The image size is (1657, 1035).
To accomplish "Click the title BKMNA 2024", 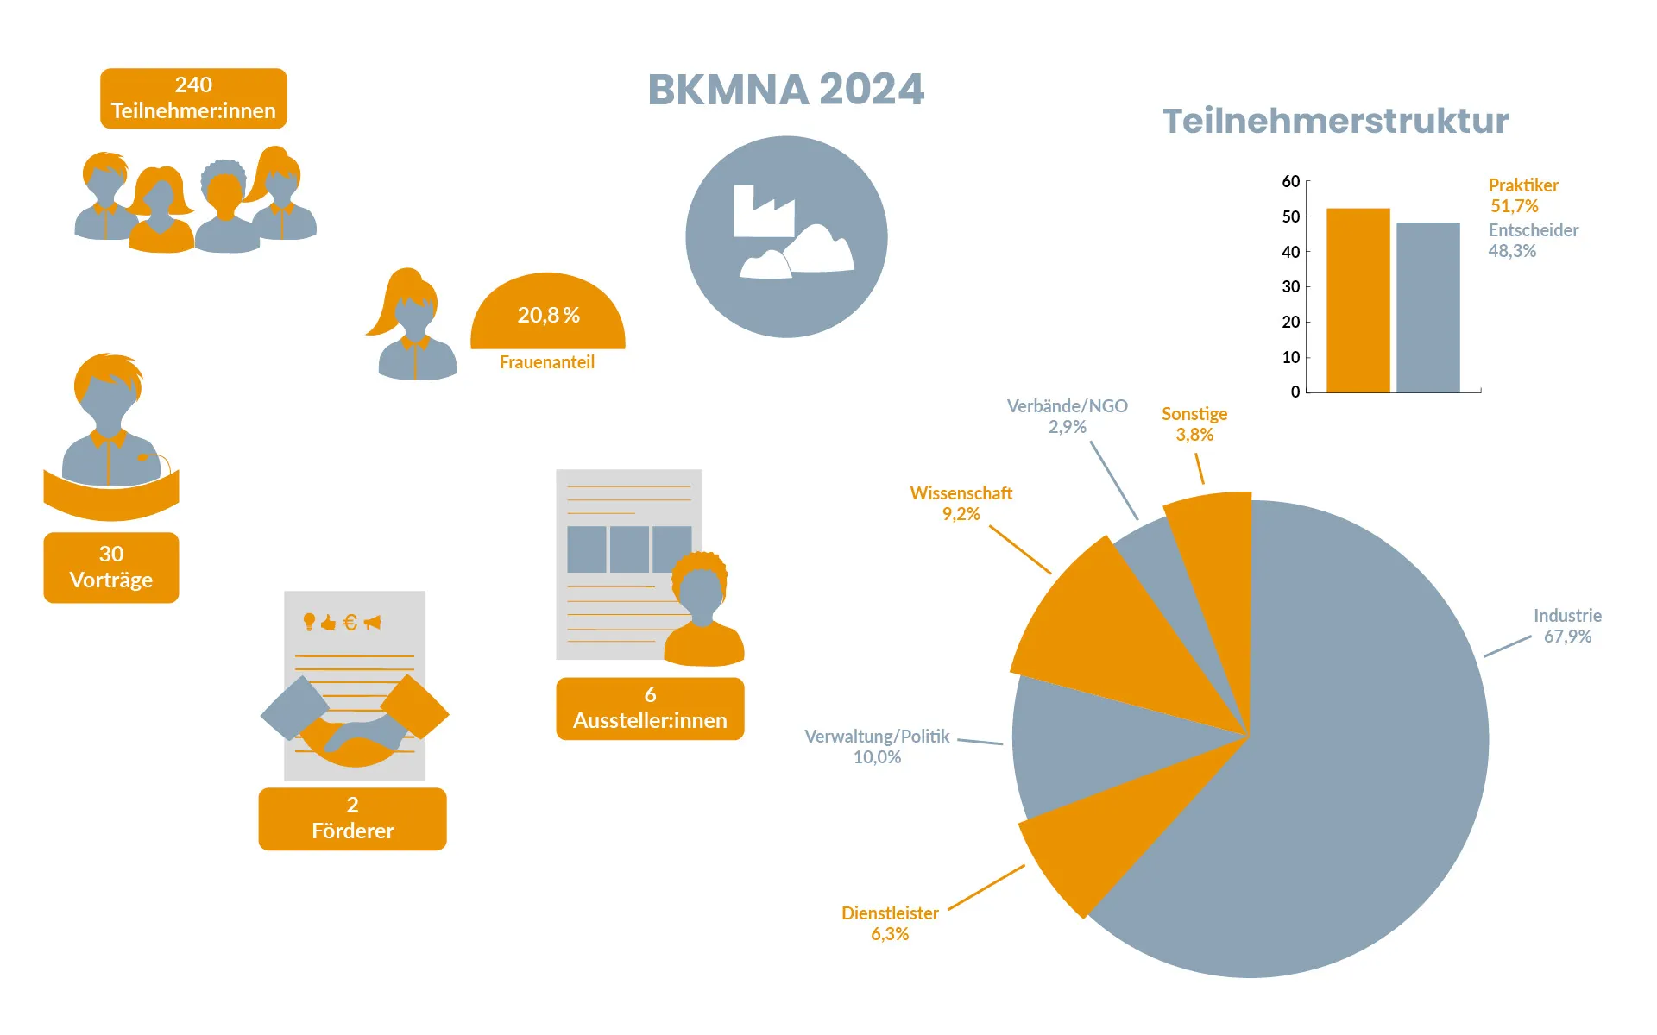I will tap(785, 90).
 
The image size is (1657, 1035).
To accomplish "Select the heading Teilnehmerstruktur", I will tap(1335, 121).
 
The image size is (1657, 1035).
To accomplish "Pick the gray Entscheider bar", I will tap(1428, 307).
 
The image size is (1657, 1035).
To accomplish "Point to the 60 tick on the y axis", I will tap(1291, 181).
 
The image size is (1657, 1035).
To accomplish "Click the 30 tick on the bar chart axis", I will tap(1291, 286).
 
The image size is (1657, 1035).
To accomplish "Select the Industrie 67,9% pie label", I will tap(1567, 626).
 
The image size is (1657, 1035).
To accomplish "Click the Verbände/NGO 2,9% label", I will tap(1067, 416).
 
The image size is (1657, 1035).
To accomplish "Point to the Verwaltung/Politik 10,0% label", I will tap(877, 746).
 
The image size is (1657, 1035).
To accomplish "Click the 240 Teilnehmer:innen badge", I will tap(193, 98).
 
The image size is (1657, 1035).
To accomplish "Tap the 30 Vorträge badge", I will tap(111, 567).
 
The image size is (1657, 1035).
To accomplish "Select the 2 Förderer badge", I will tap(352, 818).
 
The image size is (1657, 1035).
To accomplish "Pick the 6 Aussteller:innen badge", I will tap(650, 707).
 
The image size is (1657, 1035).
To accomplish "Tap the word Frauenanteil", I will tap(547, 362).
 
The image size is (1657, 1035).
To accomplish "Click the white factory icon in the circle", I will tap(763, 211).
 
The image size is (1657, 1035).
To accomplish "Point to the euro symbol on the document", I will tap(350, 622).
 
